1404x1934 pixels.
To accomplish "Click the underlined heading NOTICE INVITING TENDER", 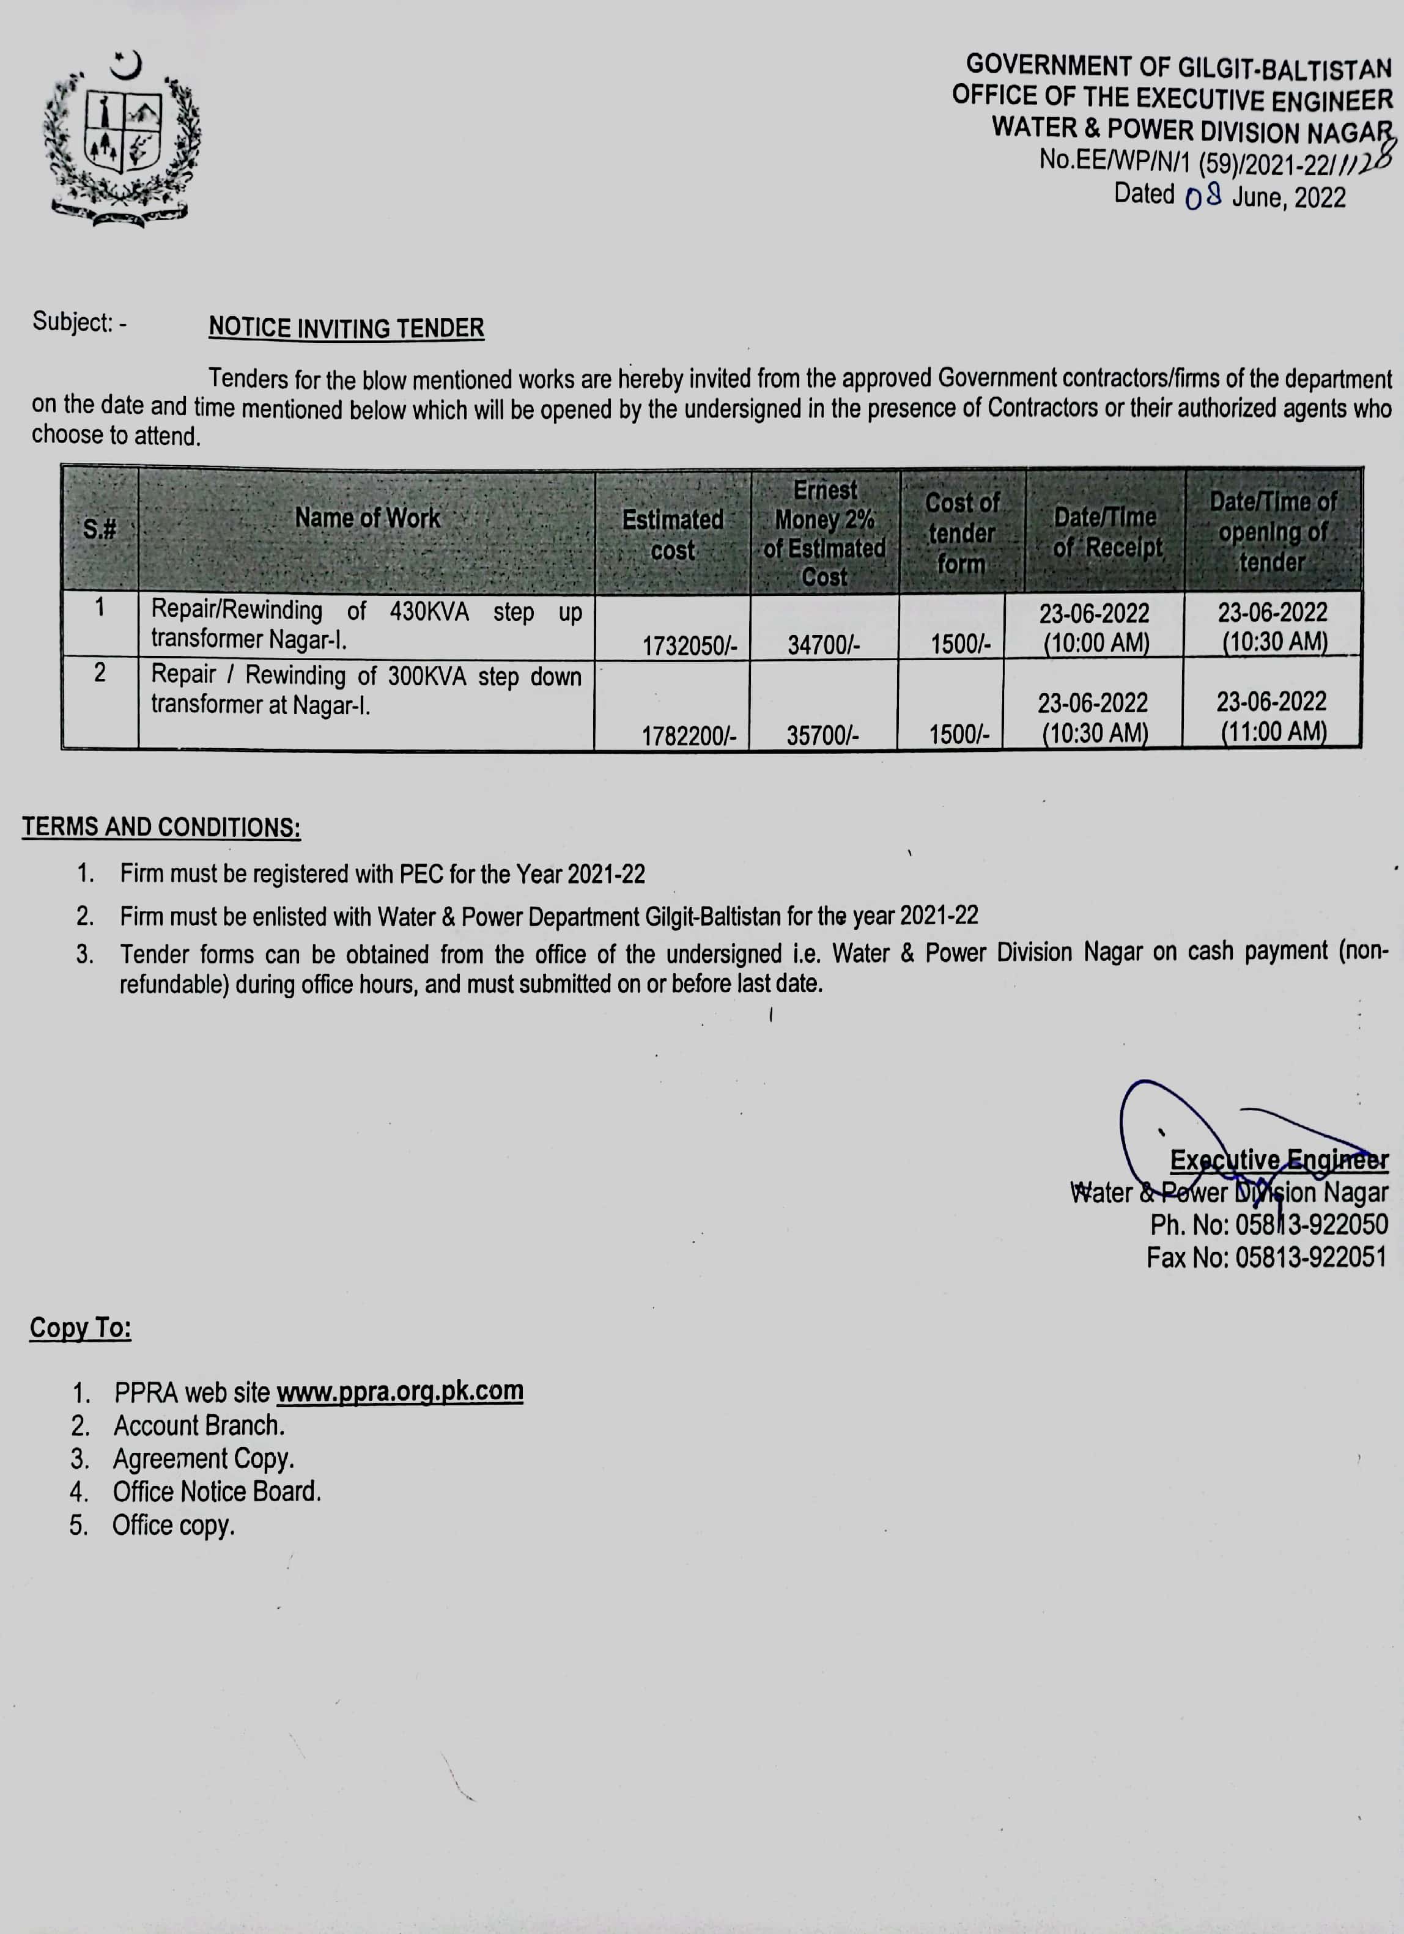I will tap(346, 328).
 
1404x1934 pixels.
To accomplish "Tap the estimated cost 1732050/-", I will tap(689, 645).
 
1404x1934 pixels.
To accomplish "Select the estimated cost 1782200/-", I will tap(689, 735).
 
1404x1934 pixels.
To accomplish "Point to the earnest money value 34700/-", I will tap(823, 645).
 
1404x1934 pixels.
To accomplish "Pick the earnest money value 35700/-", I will tap(822, 734).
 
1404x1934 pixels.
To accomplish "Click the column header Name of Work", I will tap(367, 518).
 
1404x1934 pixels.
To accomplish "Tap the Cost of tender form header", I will tap(961, 533).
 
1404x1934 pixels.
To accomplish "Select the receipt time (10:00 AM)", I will tap(1096, 642).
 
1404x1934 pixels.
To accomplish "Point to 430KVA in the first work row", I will tap(429, 611).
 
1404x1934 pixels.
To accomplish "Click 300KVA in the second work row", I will tap(426, 676).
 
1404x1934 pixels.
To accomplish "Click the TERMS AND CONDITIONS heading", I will tap(161, 827).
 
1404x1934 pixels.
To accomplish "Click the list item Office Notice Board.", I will tap(216, 1491).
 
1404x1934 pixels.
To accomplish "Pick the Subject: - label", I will tap(79, 322).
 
